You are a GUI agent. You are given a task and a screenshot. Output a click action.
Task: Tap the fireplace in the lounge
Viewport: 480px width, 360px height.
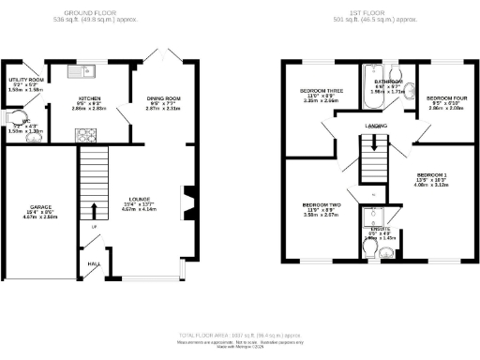tap(187, 200)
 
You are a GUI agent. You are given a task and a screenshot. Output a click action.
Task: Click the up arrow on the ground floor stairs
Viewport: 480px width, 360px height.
tap(94, 209)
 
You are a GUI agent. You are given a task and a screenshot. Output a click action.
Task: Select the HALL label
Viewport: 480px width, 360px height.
tap(94, 263)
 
